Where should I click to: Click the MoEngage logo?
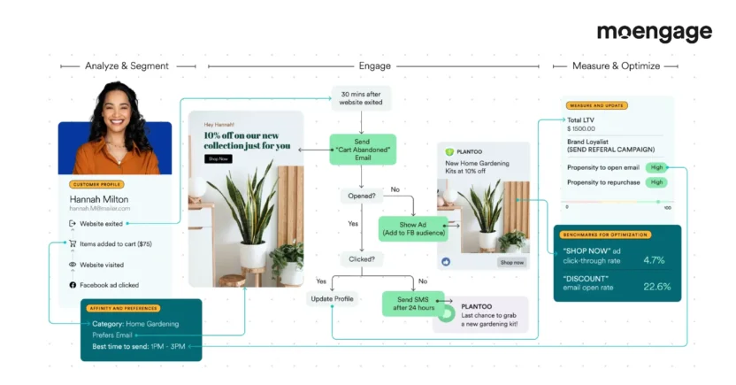654,33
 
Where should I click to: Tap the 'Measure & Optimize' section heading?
614,66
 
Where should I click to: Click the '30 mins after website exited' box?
362,97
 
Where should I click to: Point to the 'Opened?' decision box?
360,196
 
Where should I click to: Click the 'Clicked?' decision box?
360,259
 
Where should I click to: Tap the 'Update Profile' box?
333,299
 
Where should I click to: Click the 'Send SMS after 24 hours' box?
408,304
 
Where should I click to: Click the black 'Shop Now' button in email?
217,158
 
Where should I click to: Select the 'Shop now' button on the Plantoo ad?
511,262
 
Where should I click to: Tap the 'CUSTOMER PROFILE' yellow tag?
96,184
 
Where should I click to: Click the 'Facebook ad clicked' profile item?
108,285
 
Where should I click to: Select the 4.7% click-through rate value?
654,260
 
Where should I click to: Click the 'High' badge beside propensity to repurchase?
655,182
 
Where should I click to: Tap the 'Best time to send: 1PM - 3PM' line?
139,346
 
